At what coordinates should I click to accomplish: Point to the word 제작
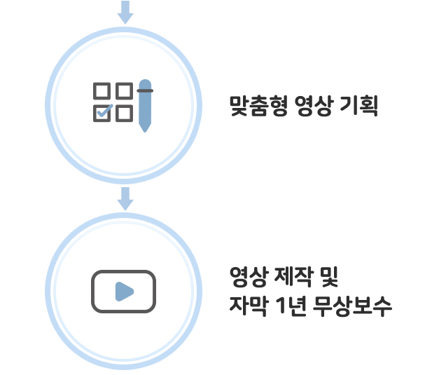296,276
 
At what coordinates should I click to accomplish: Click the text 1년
295,306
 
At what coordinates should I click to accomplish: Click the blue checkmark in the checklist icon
104,110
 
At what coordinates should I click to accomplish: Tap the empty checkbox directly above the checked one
102,90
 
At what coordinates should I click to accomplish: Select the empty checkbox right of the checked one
124,112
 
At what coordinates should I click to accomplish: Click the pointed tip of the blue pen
145,129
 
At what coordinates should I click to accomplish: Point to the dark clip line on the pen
145,90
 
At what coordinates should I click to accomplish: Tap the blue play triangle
124,291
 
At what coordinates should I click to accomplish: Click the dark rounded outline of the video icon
93,291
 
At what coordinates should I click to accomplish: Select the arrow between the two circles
124,199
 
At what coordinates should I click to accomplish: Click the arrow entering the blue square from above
124,11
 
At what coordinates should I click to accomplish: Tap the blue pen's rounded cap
145,81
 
